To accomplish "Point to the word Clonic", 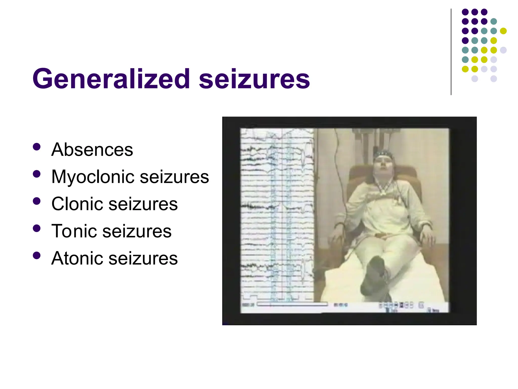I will pos(77,204).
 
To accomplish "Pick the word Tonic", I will pos(74,231).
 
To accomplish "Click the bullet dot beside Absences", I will pos(37,147).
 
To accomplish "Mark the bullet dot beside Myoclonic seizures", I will pos(37,174).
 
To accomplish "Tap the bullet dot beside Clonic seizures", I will pos(37,201).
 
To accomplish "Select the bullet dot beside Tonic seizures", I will pos(37,228).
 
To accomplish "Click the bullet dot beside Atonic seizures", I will pos(37,256).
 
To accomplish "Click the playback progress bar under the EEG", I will pos(292,304).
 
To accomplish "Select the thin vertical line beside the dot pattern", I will pos(451,52).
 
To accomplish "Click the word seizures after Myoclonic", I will pos(174,177).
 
